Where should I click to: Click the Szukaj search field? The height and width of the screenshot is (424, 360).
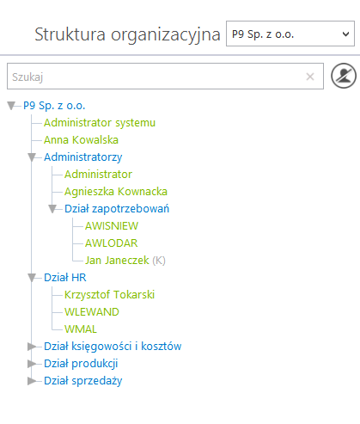165,77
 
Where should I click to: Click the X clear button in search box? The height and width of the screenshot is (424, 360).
310,77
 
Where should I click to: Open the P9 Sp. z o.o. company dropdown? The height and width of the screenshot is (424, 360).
290,34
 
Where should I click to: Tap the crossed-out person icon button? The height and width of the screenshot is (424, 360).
344,76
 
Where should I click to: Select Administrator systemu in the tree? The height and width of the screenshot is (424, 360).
100,123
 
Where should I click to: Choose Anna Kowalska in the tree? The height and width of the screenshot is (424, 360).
81,140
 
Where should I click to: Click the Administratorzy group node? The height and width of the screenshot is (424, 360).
83,157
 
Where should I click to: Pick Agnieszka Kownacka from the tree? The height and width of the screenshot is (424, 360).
116,192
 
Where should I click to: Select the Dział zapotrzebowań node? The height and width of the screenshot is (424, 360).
117,209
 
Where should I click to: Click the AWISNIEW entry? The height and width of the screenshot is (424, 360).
112,226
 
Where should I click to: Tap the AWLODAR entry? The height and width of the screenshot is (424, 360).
112,243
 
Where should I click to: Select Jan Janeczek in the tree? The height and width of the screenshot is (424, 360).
117,261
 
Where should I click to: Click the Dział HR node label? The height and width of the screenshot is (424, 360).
65,278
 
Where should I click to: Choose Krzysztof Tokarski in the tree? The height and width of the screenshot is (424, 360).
109,295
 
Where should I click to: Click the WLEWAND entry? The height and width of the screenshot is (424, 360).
92,312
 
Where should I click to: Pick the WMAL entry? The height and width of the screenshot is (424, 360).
81,329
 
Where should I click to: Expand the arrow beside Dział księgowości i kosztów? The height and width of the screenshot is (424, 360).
31,347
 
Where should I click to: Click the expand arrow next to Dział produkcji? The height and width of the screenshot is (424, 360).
31,364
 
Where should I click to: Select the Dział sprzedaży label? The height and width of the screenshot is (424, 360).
83,381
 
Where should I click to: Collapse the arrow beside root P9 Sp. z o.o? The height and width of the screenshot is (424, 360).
11,106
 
